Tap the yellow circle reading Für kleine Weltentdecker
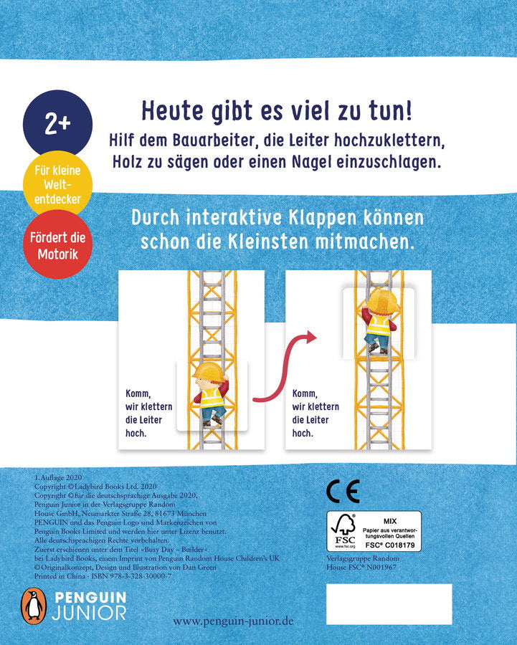point(57,185)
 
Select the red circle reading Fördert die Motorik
point(57,244)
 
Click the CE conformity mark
point(343,492)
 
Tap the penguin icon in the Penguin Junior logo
point(32,606)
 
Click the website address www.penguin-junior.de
point(233,622)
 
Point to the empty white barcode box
point(389,603)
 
